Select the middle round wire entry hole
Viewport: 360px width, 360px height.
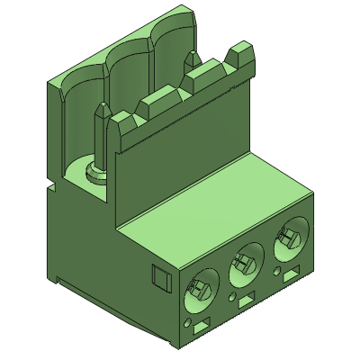click(244, 265)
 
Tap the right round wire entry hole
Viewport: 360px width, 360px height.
click(287, 239)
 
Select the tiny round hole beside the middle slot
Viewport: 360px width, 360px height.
click(233, 295)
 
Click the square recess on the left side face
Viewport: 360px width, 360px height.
click(159, 279)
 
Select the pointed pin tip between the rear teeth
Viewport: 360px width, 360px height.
click(192, 58)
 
